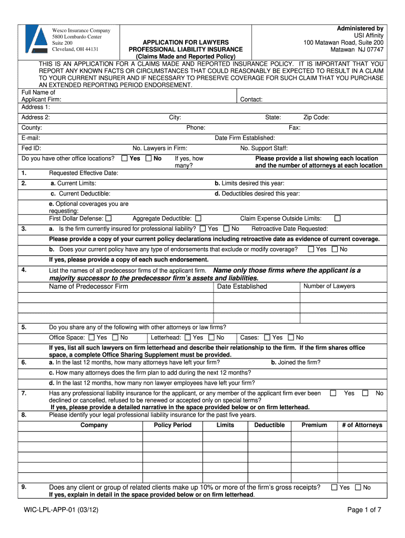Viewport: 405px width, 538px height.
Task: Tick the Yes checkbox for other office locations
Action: point(124,158)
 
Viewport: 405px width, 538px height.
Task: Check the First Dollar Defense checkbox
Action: point(108,218)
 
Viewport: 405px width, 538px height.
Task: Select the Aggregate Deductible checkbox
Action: point(198,218)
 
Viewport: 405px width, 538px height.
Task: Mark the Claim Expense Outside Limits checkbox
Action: point(338,218)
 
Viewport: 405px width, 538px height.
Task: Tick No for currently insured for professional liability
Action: point(226,229)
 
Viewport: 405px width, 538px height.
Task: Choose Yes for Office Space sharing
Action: point(92,337)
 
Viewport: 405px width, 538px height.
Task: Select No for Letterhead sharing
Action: point(211,337)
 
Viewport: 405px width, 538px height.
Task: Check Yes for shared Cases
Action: point(268,337)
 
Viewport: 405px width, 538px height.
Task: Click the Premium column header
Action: point(314,425)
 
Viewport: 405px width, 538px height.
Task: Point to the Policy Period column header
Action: point(173,425)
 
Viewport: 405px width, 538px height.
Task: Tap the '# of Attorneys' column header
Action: point(362,425)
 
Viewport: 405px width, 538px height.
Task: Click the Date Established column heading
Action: point(242,286)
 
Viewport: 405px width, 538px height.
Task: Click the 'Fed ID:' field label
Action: point(31,148)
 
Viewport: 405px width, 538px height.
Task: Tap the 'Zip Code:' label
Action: point(316,118)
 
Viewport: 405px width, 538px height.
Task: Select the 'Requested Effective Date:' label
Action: point(84,173)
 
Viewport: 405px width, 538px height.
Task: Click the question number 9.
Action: point(24,487)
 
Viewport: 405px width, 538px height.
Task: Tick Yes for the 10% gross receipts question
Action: point(334,488)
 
